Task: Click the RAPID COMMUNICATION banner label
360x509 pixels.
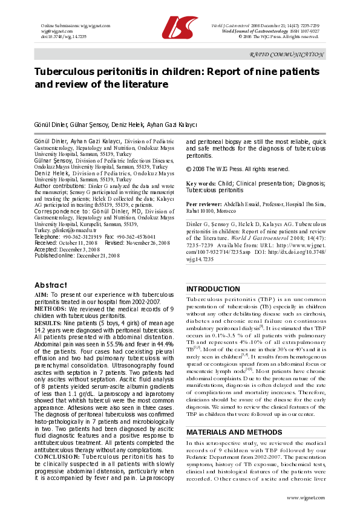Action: tap(287, 54)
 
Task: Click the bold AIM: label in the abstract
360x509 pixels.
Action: tap(41, 294)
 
